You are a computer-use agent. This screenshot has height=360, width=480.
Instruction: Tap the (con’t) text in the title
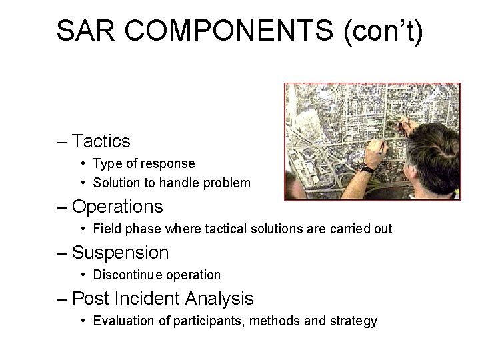(x=383, y=31)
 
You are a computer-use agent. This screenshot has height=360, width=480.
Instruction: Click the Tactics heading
(x=101, y=141)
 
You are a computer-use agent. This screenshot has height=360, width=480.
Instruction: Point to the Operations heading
(x=117, y=207)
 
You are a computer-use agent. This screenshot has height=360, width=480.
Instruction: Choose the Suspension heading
(x=120, y=253)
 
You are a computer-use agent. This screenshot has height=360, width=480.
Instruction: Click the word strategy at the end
(x=354, y=321)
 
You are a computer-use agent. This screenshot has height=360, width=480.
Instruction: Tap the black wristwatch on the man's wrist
(x=367, y=168)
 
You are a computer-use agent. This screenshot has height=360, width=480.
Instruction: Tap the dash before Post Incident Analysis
(x=61, y=298)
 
